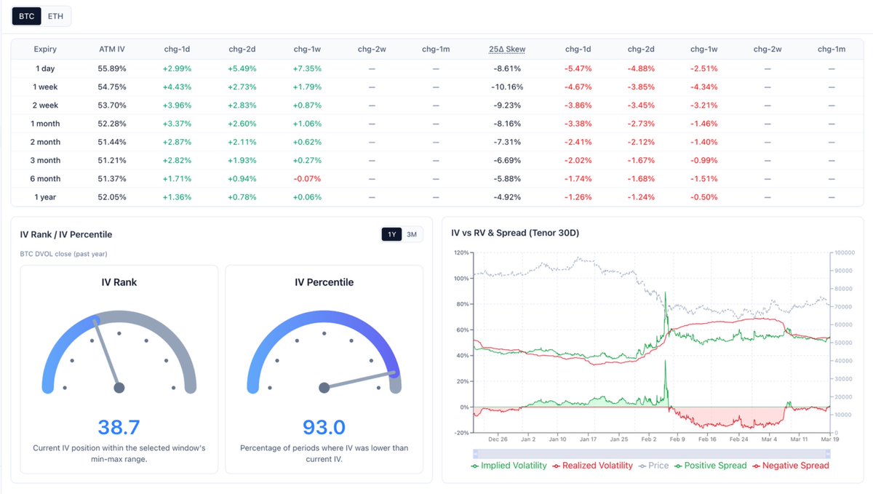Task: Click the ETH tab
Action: (x=55, y=15)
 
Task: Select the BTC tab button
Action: (x=26, y=15)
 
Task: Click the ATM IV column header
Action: (x=112, y=49)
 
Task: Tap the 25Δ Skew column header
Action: (x=507, y=49)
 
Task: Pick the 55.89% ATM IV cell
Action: (x=112, y=68)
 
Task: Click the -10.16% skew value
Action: (x=507, y=87)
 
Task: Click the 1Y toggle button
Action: (x=391, y=234)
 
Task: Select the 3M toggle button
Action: (x=412, y=234)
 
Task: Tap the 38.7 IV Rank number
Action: (x=119, y=426)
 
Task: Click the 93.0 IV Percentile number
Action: (x=324, y=426)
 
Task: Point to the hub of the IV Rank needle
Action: (x=119, y=388)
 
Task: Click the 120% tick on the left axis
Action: (x=461, y=252)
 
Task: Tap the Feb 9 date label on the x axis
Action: (x=677, y=439)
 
